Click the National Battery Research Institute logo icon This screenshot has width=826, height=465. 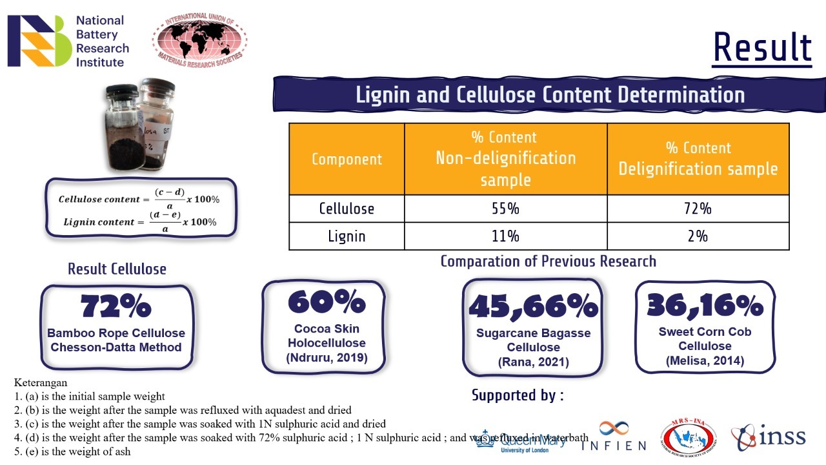click(x=36, y=41)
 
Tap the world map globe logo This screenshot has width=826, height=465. click(x=199, y=39)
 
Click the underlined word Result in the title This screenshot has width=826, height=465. click(x=762, y=48)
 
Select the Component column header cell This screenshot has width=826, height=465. click(x=347, y=159)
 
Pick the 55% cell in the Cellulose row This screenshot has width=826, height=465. click(x=505, y=209)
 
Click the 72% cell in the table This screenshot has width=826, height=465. click(x=698, y=209)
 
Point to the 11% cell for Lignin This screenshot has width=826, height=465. click(x=505, y=236)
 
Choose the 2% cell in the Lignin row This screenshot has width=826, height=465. click(x=698, y=236)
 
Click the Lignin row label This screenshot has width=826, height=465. click(x=347, y=236)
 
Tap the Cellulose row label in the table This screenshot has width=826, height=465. click(x=347, y=209)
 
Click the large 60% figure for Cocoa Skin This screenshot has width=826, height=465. click(x=327, y=302)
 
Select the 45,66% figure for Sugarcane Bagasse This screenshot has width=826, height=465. click(x=533, y=305)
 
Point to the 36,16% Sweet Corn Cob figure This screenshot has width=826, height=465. click(x=705, y=304)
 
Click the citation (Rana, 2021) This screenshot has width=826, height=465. click(x=533, y=362)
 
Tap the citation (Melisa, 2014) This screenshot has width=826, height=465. click(x=705, y=360)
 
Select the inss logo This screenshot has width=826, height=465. click(x=769, y=437)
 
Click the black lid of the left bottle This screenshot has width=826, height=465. click(x=122, y=90)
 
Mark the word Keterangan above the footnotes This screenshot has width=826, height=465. click(x=41, y=383)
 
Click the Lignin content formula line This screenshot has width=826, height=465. click(x=140, y=222)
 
